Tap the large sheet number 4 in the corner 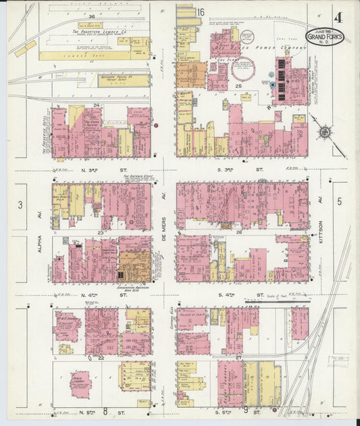tap(337, 15)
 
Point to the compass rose tap(325, 132)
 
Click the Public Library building tap(81, 383)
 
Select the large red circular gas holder tap(242, 70)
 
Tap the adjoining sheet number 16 tap(201, 12)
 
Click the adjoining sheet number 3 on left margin tap(20, 205)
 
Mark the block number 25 tap(238, 86)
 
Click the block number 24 tap(97, 105)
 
